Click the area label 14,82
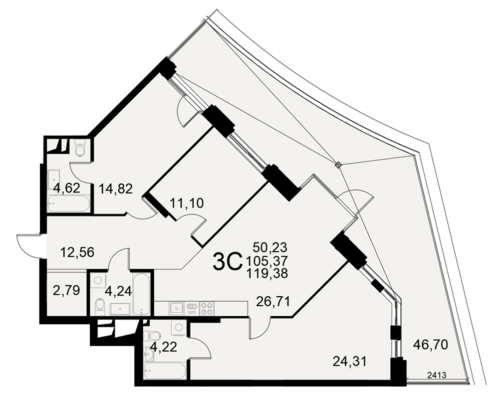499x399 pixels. [x=116, y=189]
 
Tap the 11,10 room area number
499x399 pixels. [x=187, y=202]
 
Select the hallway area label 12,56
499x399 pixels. [x=77, y=252]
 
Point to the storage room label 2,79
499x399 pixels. [x=66, y=290]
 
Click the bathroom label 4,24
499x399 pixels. [x=118, y=291]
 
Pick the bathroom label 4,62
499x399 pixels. [x=66, y=189]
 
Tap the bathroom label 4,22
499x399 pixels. [x=164, y=347]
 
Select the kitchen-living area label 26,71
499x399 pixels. [x=273, y=301]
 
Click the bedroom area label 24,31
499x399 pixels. [x=349, y=361]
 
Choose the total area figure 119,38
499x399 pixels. [x=267, y=273]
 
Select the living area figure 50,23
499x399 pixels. [x=270, y=247]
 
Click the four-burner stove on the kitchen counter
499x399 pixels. [x=207, y=309]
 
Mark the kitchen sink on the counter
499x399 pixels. [x=176, y=308]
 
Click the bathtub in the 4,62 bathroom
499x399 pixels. [x=68, y=203]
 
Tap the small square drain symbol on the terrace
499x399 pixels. [x=338, y=165]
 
